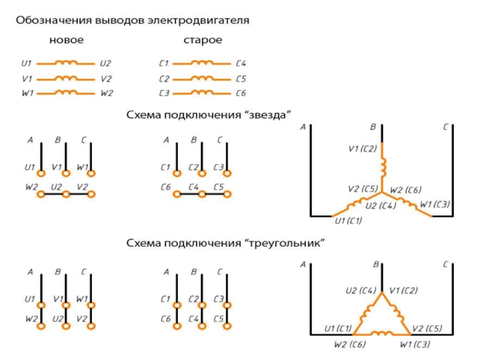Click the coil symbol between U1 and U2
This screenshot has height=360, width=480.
pyautogui.click(x=67, y=62)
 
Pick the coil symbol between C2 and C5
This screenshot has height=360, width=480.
pyautogui.click(x=203, y=78)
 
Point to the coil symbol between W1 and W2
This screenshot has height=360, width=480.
pyautogui.click(x=67, y=93)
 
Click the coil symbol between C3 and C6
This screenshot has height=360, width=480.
pyautogui.click(x=203, y=93)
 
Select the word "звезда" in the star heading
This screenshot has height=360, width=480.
pyautogui.click(x=273, y=114)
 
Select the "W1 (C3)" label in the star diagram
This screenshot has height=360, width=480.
pyautogui.click(x=436, y=205)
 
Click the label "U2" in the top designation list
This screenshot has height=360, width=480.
pyautogui.click(x=106, y=63)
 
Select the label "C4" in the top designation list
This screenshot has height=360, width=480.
pyautogui.click(x=241, y=63)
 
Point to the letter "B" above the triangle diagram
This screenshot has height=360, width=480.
pyautogui.click(x=375, y=264)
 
